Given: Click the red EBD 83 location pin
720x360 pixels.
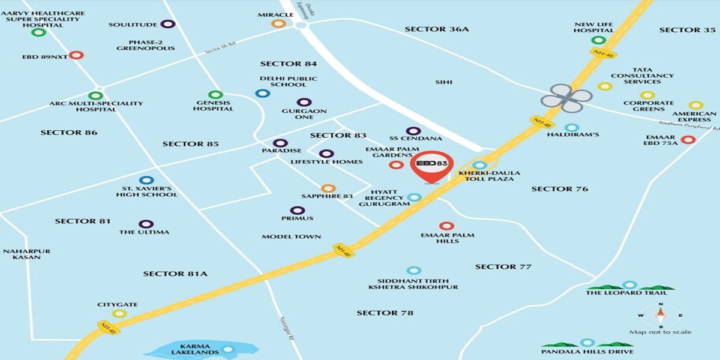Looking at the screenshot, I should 431,165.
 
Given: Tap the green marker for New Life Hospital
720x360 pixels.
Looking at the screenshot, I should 598,40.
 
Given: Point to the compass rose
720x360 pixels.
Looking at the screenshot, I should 660,314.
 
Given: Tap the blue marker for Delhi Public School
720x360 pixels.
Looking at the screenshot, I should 262,93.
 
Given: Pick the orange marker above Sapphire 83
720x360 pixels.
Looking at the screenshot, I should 328,188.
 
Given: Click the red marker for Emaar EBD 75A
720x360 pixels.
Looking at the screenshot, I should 688,140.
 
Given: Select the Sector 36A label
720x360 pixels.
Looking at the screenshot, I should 436,29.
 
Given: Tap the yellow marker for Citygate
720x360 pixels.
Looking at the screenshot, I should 119,313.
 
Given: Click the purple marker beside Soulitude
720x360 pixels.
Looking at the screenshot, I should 169,25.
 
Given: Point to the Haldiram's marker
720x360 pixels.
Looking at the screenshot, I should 572,128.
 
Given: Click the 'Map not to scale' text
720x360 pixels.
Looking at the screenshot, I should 660,332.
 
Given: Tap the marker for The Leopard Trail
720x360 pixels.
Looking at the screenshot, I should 629,285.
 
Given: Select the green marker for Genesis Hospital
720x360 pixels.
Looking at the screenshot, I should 215,95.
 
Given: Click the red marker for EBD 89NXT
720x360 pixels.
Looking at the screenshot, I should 76,55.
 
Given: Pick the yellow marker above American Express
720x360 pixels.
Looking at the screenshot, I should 695,105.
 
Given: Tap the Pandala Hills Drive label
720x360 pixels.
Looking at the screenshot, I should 587,351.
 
